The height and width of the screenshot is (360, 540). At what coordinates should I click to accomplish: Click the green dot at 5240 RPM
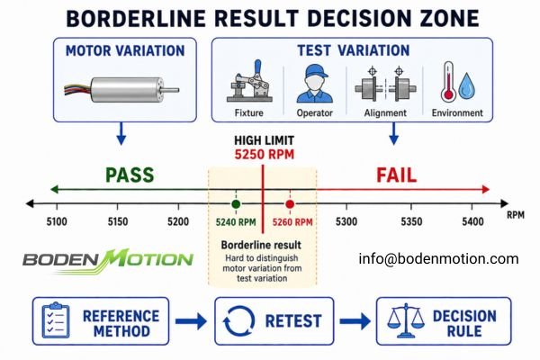point(236,204)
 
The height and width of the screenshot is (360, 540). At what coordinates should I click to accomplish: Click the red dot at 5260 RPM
point(290,204)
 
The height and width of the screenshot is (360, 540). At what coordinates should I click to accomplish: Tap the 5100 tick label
point(57,221)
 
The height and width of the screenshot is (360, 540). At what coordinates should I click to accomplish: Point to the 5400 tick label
point(472,221)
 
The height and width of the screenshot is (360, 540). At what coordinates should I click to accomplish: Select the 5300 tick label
point(346,221)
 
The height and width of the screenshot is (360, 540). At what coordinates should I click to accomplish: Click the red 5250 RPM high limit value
point(265,154)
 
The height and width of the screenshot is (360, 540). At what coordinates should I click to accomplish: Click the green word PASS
point(130,175)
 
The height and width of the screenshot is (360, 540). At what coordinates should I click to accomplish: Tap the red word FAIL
point(396,175)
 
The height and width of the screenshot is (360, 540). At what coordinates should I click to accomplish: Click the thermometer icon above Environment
point(448,82)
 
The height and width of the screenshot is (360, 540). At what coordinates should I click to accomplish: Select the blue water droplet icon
point(466,85)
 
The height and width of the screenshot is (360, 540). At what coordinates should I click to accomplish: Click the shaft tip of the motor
point(177,90)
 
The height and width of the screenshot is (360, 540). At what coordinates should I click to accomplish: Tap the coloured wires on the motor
point(77,90)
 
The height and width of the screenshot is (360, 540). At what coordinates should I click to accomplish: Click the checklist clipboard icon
point(56,320)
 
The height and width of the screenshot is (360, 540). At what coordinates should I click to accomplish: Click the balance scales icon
point(406,320)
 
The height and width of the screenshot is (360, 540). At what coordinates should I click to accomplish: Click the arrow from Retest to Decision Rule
point(355,321)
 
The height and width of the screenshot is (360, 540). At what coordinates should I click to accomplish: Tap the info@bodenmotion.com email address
point(438,258)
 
